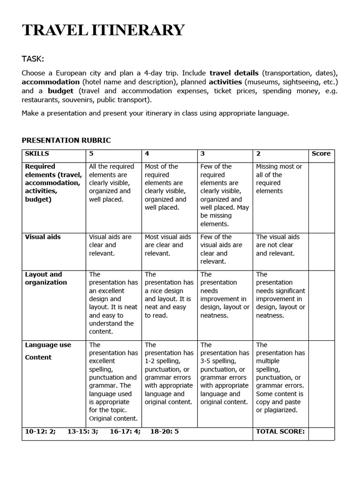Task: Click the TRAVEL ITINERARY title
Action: (x=103, y=30)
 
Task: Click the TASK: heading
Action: (x=33, y=59)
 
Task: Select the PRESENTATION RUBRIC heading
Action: (x=66, y=140)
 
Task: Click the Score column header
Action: (x=321, y=154)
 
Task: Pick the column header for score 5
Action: (x=91, y=154)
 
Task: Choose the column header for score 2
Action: (x=258, y=154)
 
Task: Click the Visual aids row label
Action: (x=43, y=237)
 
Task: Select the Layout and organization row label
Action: (x=46, y=278)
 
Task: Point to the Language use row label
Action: (x=48, y=345)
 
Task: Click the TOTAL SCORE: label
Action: (x=280, y=431)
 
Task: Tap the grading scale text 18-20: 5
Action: (x=164, y=431)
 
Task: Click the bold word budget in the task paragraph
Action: (x=61, y=91)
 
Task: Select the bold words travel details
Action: (x=233, y=73)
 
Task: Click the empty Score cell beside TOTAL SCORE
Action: (x=322, y=433)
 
